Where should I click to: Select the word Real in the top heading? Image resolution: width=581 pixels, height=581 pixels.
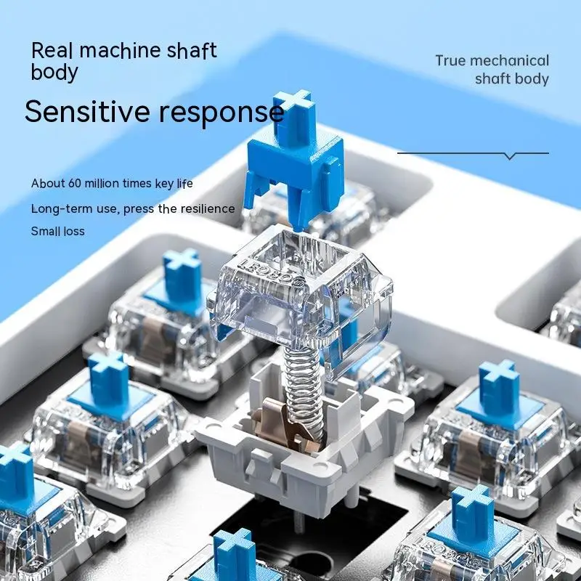53,52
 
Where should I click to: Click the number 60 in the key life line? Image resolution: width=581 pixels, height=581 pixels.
76,184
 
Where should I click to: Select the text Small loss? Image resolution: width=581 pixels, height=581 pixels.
57,232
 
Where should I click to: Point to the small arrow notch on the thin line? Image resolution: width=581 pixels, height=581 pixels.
510,155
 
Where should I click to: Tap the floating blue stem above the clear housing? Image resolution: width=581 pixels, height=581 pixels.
294,163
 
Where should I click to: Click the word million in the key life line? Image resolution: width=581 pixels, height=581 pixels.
108,184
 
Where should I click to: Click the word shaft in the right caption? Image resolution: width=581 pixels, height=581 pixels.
493,79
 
